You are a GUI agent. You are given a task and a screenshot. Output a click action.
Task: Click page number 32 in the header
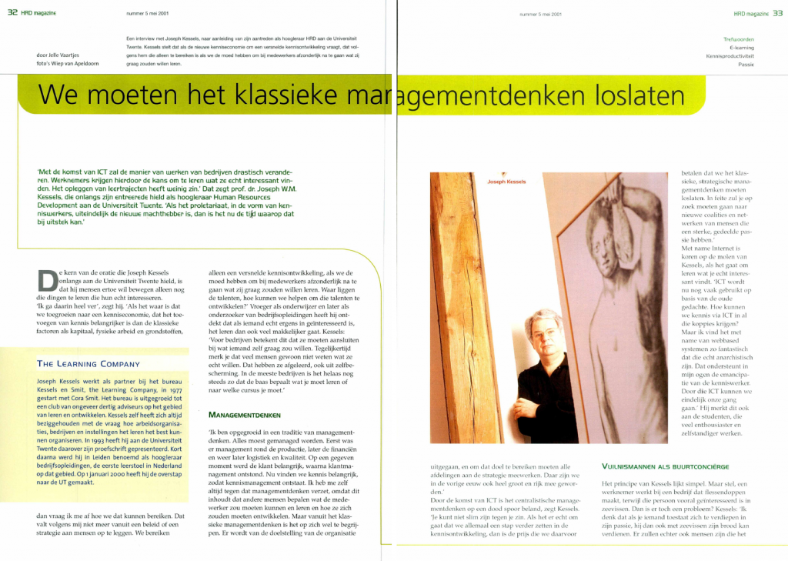(x=12, y=13)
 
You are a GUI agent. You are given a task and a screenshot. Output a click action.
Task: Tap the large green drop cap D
(x=47, y=282)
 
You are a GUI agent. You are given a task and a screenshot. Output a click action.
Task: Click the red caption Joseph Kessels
(x=507, y=182)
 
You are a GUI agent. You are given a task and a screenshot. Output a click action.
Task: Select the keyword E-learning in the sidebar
(x=741, y=48)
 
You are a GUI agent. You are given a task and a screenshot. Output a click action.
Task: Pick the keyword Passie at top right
(x=746, y=65)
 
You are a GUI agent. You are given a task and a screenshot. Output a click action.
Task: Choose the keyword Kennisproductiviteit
(x=730, y=56)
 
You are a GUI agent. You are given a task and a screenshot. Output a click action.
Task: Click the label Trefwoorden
(x=739, y=38)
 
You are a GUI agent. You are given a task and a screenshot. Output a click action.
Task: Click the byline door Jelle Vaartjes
(x=57, y=55)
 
